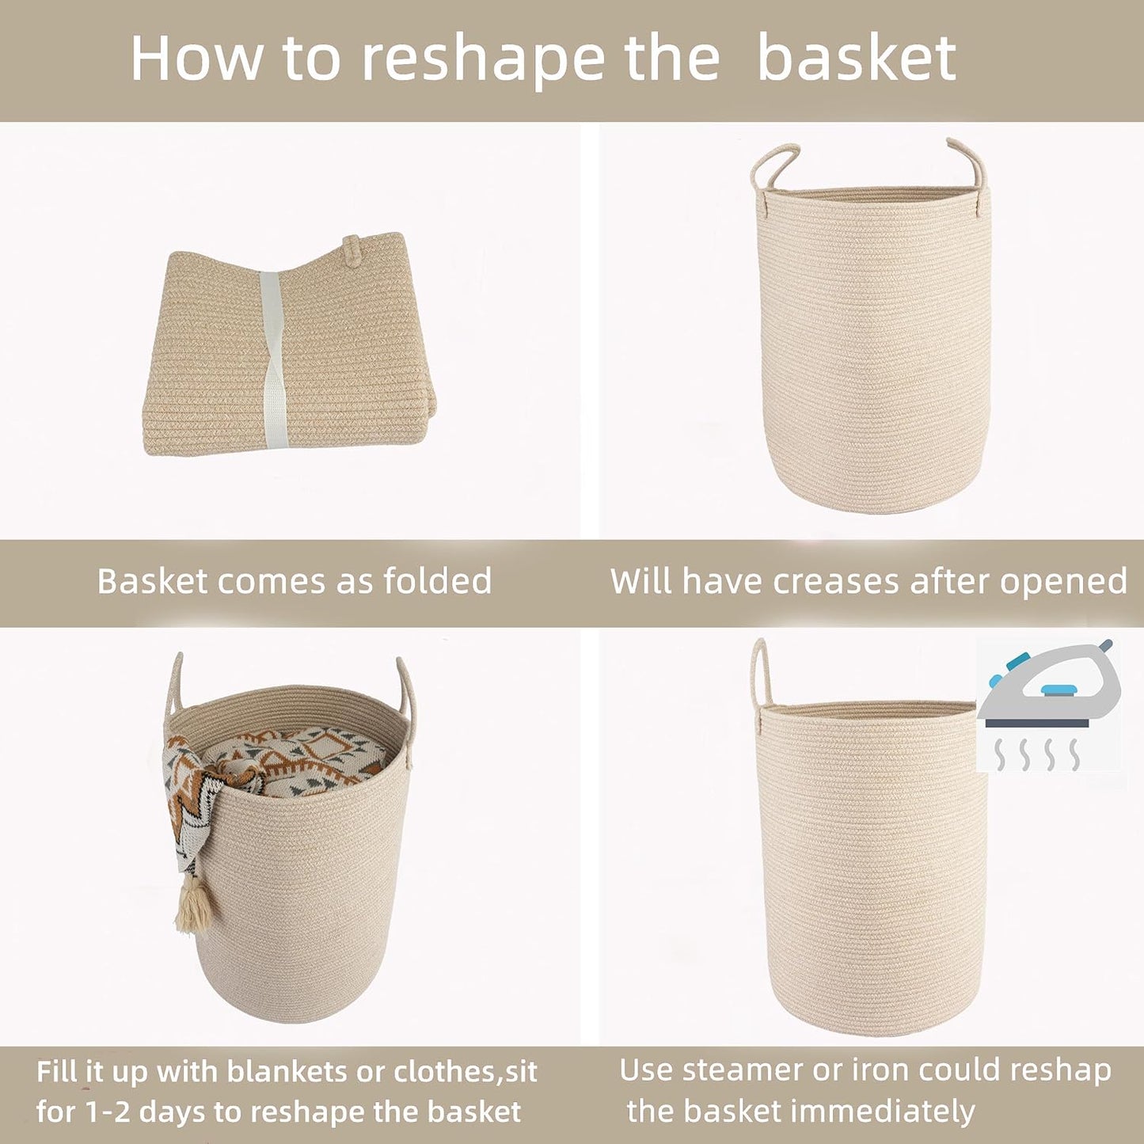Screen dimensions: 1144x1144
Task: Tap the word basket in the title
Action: [857, 59]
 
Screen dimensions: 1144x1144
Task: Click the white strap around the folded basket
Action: [271, 360]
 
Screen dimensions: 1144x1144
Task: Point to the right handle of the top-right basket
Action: [971, 162]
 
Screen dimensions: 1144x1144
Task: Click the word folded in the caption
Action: [437, 582]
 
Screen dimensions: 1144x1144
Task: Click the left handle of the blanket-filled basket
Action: [176, 681]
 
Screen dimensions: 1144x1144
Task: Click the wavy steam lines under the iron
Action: [1037, 754]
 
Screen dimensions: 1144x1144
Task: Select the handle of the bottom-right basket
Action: [760, 673]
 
